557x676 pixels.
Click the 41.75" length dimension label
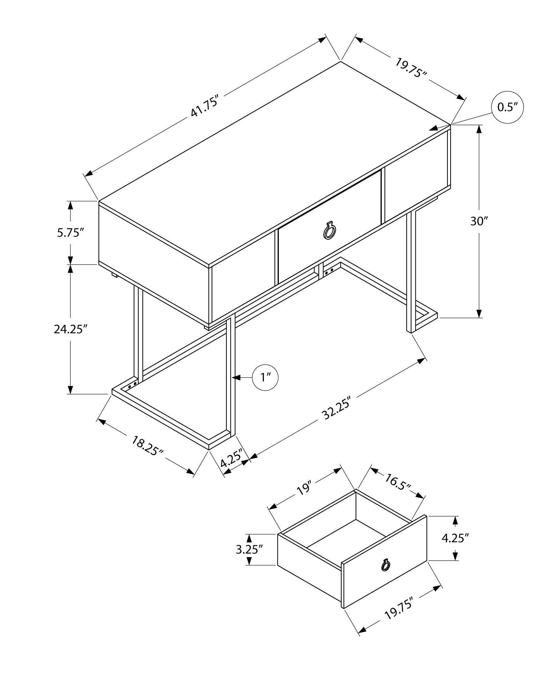click(205, 106)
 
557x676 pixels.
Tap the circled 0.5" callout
click(507, 107)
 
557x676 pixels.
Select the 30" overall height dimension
click(479, 221)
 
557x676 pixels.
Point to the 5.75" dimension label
click(70, 233)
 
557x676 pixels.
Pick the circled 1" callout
click(265, 378)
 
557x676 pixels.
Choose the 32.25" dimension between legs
click(336, 408)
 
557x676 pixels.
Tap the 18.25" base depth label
click(147, 446)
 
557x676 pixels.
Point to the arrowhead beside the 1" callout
click(237, 378)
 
